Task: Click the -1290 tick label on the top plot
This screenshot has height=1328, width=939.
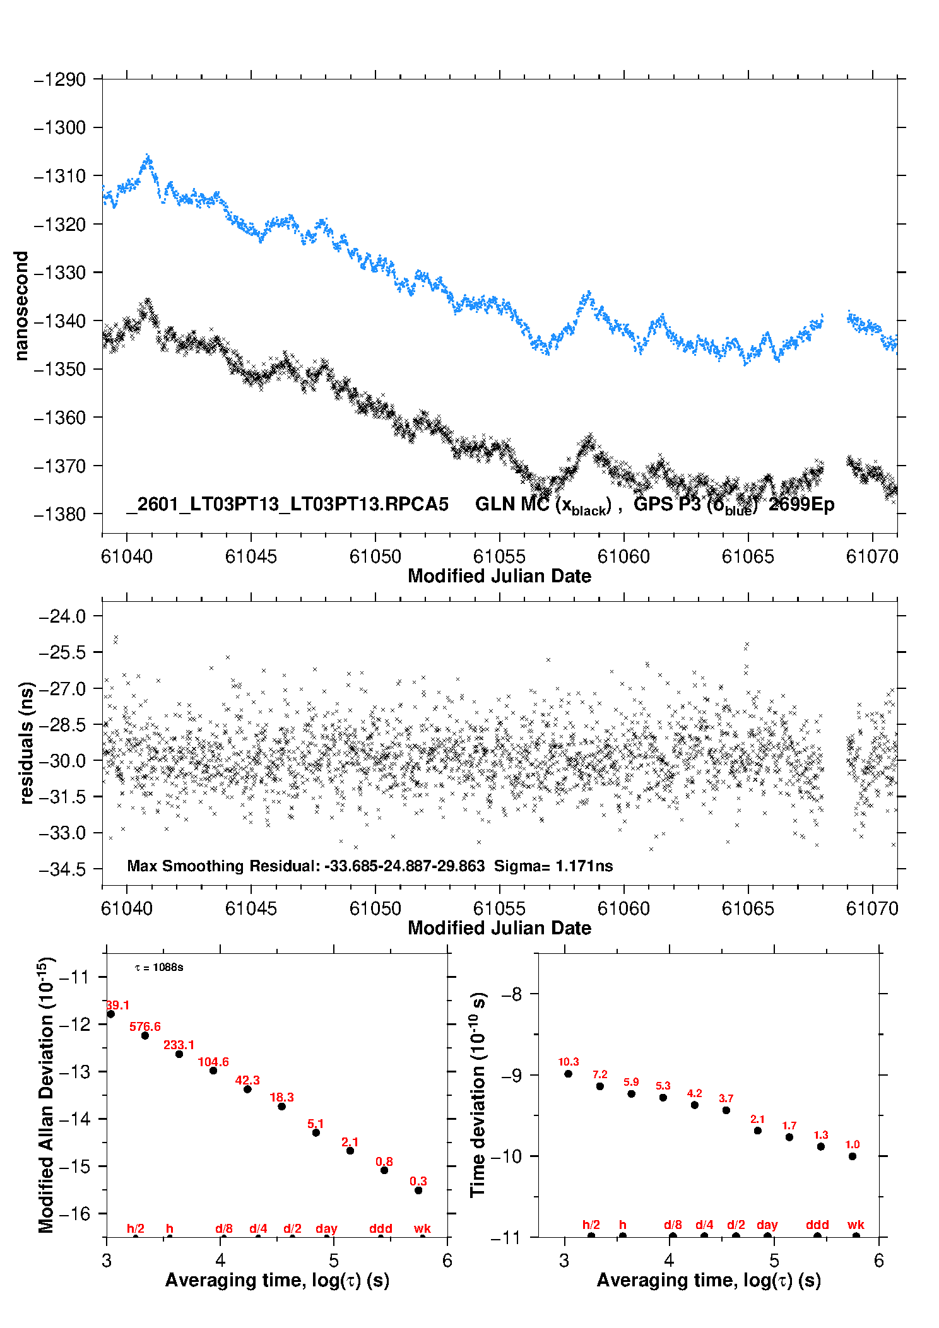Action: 60,80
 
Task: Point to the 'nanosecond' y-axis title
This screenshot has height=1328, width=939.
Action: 21,306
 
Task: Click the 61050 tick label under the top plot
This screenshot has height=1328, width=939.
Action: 375,556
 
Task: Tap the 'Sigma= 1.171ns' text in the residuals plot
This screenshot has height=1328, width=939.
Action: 553,866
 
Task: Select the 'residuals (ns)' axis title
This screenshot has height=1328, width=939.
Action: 26,743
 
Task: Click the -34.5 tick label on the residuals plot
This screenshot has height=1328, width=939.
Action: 62,869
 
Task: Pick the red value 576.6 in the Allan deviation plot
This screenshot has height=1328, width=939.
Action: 145,1026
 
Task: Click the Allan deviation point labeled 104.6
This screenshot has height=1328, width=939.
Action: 213,1071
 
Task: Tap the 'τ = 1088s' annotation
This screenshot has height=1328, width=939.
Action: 159,968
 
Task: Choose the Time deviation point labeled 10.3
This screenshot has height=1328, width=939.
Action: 569,1074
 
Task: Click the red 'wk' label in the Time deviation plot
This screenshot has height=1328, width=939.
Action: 856,1225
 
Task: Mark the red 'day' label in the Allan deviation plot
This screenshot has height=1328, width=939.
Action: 326,1228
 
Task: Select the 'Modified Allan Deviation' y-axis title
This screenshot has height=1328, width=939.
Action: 45,1095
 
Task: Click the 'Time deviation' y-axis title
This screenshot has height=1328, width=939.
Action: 478,1095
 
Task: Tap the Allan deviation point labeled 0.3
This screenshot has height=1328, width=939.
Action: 418,1190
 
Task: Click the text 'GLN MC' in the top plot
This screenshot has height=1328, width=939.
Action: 512,504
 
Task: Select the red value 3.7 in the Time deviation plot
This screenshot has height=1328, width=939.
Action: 726,1098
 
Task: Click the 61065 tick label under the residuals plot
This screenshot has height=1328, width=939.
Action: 748,908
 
